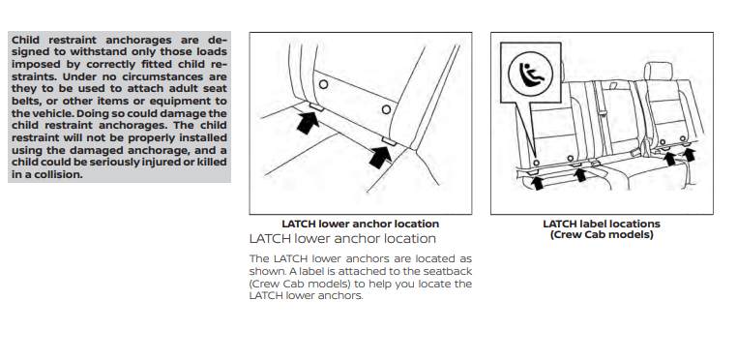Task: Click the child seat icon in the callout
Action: (530, 74)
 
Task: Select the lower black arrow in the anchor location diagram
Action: (381, 157)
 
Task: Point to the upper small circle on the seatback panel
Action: (323, 84)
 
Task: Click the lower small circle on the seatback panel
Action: (386, 109)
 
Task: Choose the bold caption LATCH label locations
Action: (602, 224)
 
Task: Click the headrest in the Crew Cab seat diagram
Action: (659, 71)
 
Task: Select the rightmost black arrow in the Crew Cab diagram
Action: (689, 154)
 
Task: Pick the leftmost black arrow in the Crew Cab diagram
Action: (538, 183)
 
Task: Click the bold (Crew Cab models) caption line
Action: (602, 234)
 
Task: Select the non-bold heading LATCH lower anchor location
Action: (342, 239)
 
